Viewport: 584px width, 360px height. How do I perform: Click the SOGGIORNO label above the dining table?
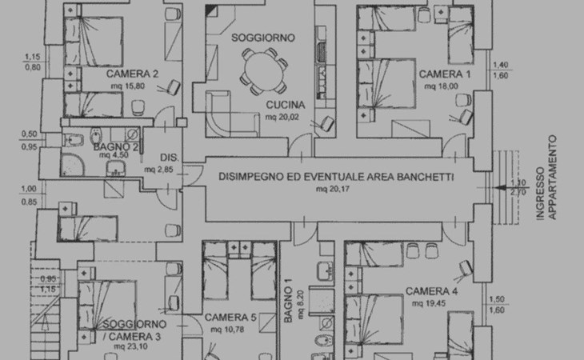point(263,38)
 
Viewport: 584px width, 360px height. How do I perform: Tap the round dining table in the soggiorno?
point(262,70)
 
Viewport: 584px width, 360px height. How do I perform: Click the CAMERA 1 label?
point(446,74)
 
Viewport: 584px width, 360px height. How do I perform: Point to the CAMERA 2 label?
point(132,74)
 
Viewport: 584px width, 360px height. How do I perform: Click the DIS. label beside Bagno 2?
point(168,157)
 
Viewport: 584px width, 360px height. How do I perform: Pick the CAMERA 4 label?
point(431,290)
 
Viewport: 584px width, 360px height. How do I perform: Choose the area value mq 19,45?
point(429,302)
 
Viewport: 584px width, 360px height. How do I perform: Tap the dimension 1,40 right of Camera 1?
point(500,66)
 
